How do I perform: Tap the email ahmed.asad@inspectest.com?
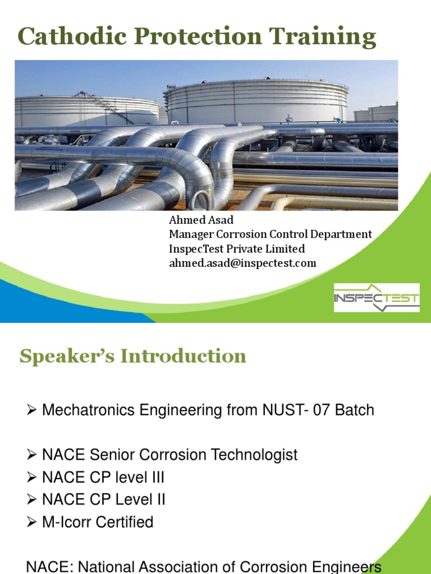[x=242, y=263]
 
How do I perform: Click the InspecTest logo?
[x=377, y=298]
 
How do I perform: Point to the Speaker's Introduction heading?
[x=132, y=356]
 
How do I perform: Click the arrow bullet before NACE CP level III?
[x=31, y=477]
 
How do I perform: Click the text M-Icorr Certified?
[x=98, y=522]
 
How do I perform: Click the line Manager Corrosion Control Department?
[x=270, y=234]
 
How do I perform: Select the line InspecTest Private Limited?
[x=237, y=249]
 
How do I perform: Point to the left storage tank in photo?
[x=84, y=111]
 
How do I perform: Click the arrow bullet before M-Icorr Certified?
[x=31, y=522]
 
